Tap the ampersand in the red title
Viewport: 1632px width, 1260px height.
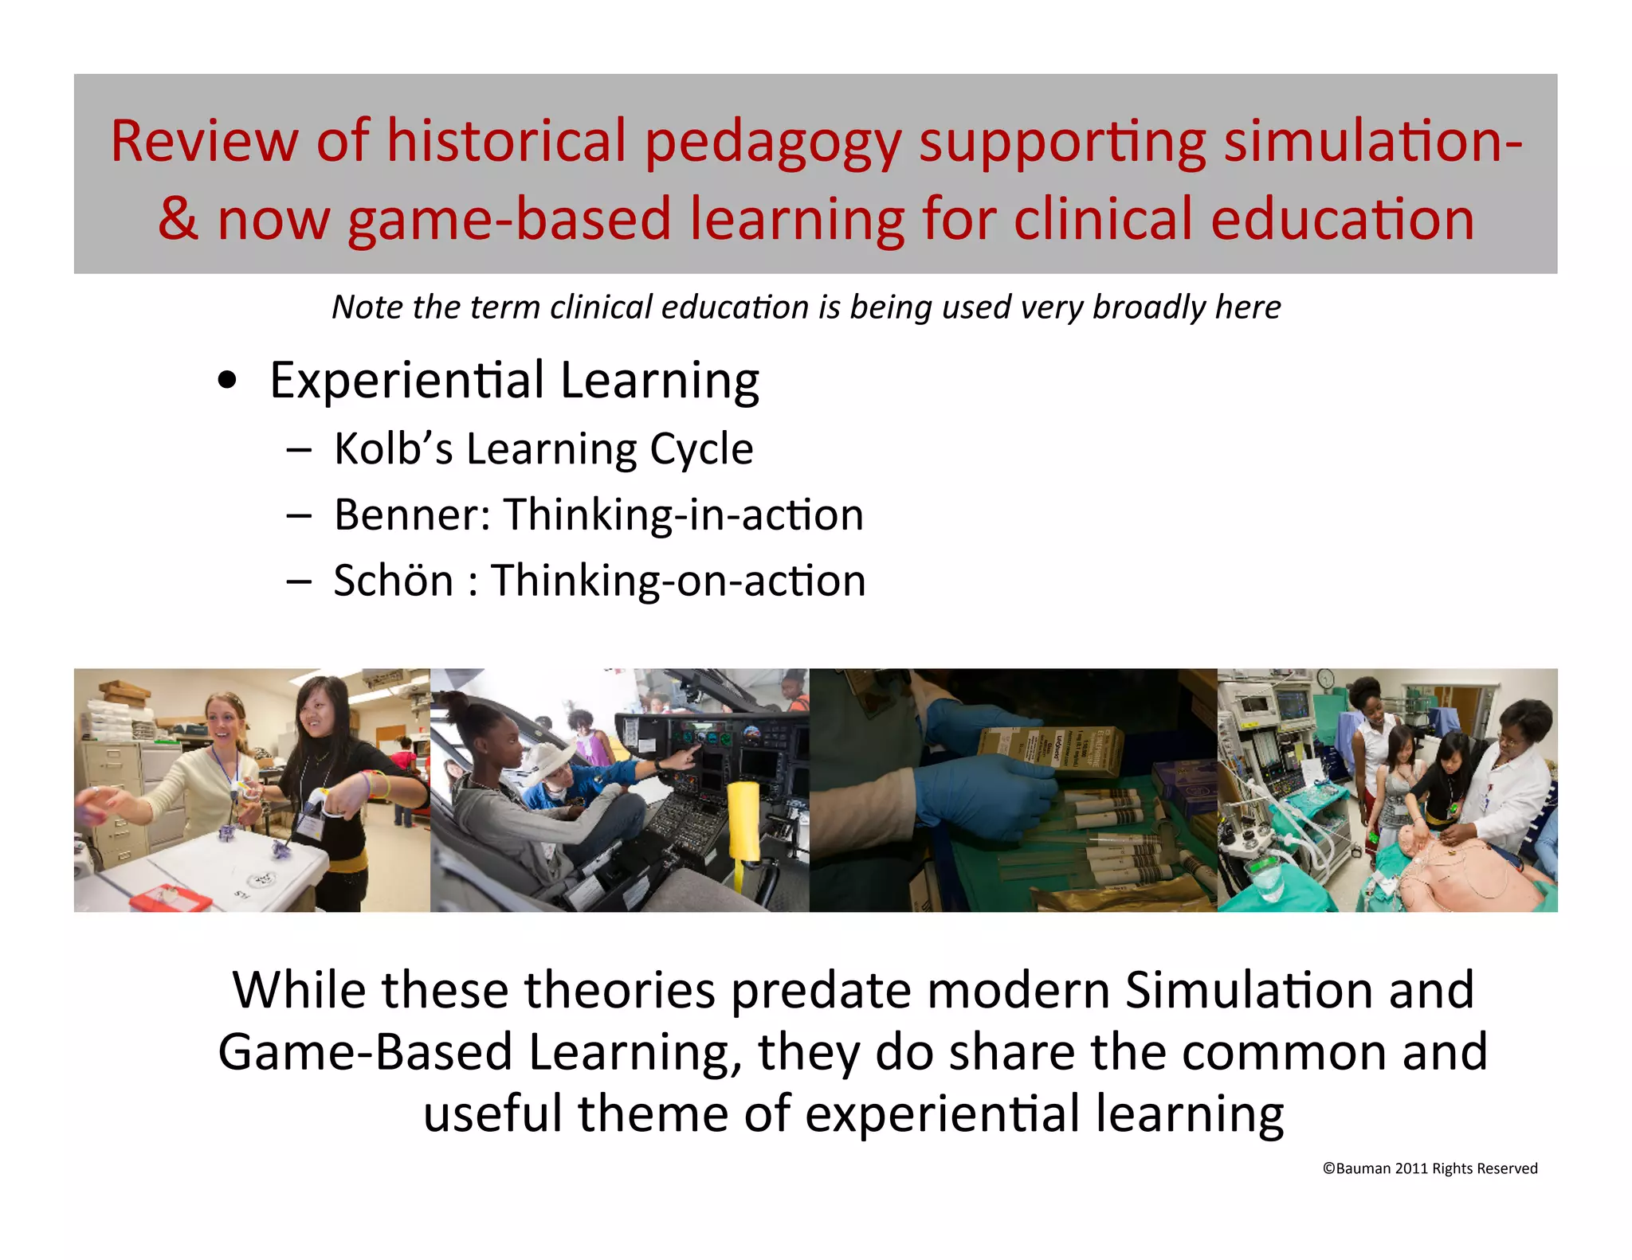click(x=177, y=219)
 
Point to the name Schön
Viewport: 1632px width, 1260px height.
click(x=393, y=580)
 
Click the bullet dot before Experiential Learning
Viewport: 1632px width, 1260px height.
click(x=227, y=381)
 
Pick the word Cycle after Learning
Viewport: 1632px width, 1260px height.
click(x=701, y=448)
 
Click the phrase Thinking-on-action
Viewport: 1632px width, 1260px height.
click(x=678, y=580)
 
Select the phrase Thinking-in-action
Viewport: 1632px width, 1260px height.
click(x=683, y=515)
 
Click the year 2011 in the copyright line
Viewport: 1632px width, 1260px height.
click(x=1410, y=1168)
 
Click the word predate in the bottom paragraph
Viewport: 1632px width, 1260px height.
click(x=821, y=990)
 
